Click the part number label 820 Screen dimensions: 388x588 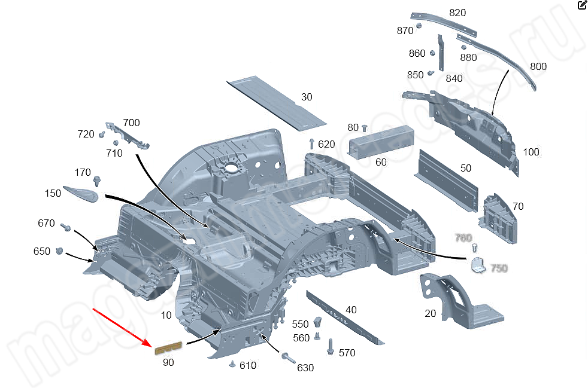pyautogui.click(x=457, y=13)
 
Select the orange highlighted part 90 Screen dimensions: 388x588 pyautogui.click(x=169, y=348)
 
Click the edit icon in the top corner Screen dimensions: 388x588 pyautogui.click(x=582, y=5)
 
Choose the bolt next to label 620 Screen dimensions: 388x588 pyautogui.click(x=312, y=143)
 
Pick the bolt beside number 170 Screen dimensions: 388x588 pyautogui.click(x=97, y=181)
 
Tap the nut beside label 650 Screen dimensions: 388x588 pyautogui.click(x=59, y=251)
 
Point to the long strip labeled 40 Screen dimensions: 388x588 pyautogui.click(x=344, y=317)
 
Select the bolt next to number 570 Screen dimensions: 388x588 pyautogui.click(x=330, y=347)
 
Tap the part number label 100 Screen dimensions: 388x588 pyautogui.click(x=531, y=152)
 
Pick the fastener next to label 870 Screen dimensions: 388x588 pyautogui.click(x=419, y=26)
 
